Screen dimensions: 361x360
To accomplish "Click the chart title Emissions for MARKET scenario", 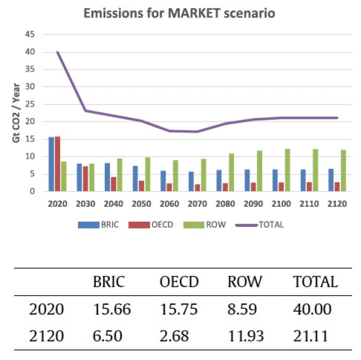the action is tap(179, 13).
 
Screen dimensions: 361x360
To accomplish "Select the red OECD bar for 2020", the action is tap(57, 164).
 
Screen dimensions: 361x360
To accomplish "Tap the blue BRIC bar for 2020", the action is tap(51, 164).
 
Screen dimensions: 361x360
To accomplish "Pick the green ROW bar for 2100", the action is tap(288, 170).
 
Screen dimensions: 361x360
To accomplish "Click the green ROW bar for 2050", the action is tap(148, 174).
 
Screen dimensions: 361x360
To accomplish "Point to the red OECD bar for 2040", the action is tap(113, 184).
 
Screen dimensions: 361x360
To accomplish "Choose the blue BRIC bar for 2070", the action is tap(191, 181).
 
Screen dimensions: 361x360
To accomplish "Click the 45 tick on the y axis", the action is tap(30, 35).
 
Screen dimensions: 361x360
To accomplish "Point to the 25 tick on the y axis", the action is tap(30, 104).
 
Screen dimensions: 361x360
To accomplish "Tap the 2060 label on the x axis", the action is tap(169, 204).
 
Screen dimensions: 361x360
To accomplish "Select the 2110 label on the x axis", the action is tap(309, 204).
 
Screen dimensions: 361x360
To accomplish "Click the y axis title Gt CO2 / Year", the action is tap(16, 113).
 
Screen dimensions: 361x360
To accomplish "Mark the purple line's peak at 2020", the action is tap(57, 52).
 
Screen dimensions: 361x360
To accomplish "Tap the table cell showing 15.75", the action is tap(179, 309).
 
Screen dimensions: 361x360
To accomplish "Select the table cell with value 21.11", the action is tap(311, 336).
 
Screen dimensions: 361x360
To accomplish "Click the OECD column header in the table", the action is tap(179, 282).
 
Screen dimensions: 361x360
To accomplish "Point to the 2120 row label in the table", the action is tap(46, 336).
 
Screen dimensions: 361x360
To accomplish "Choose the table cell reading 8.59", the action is tap(242, 309).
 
